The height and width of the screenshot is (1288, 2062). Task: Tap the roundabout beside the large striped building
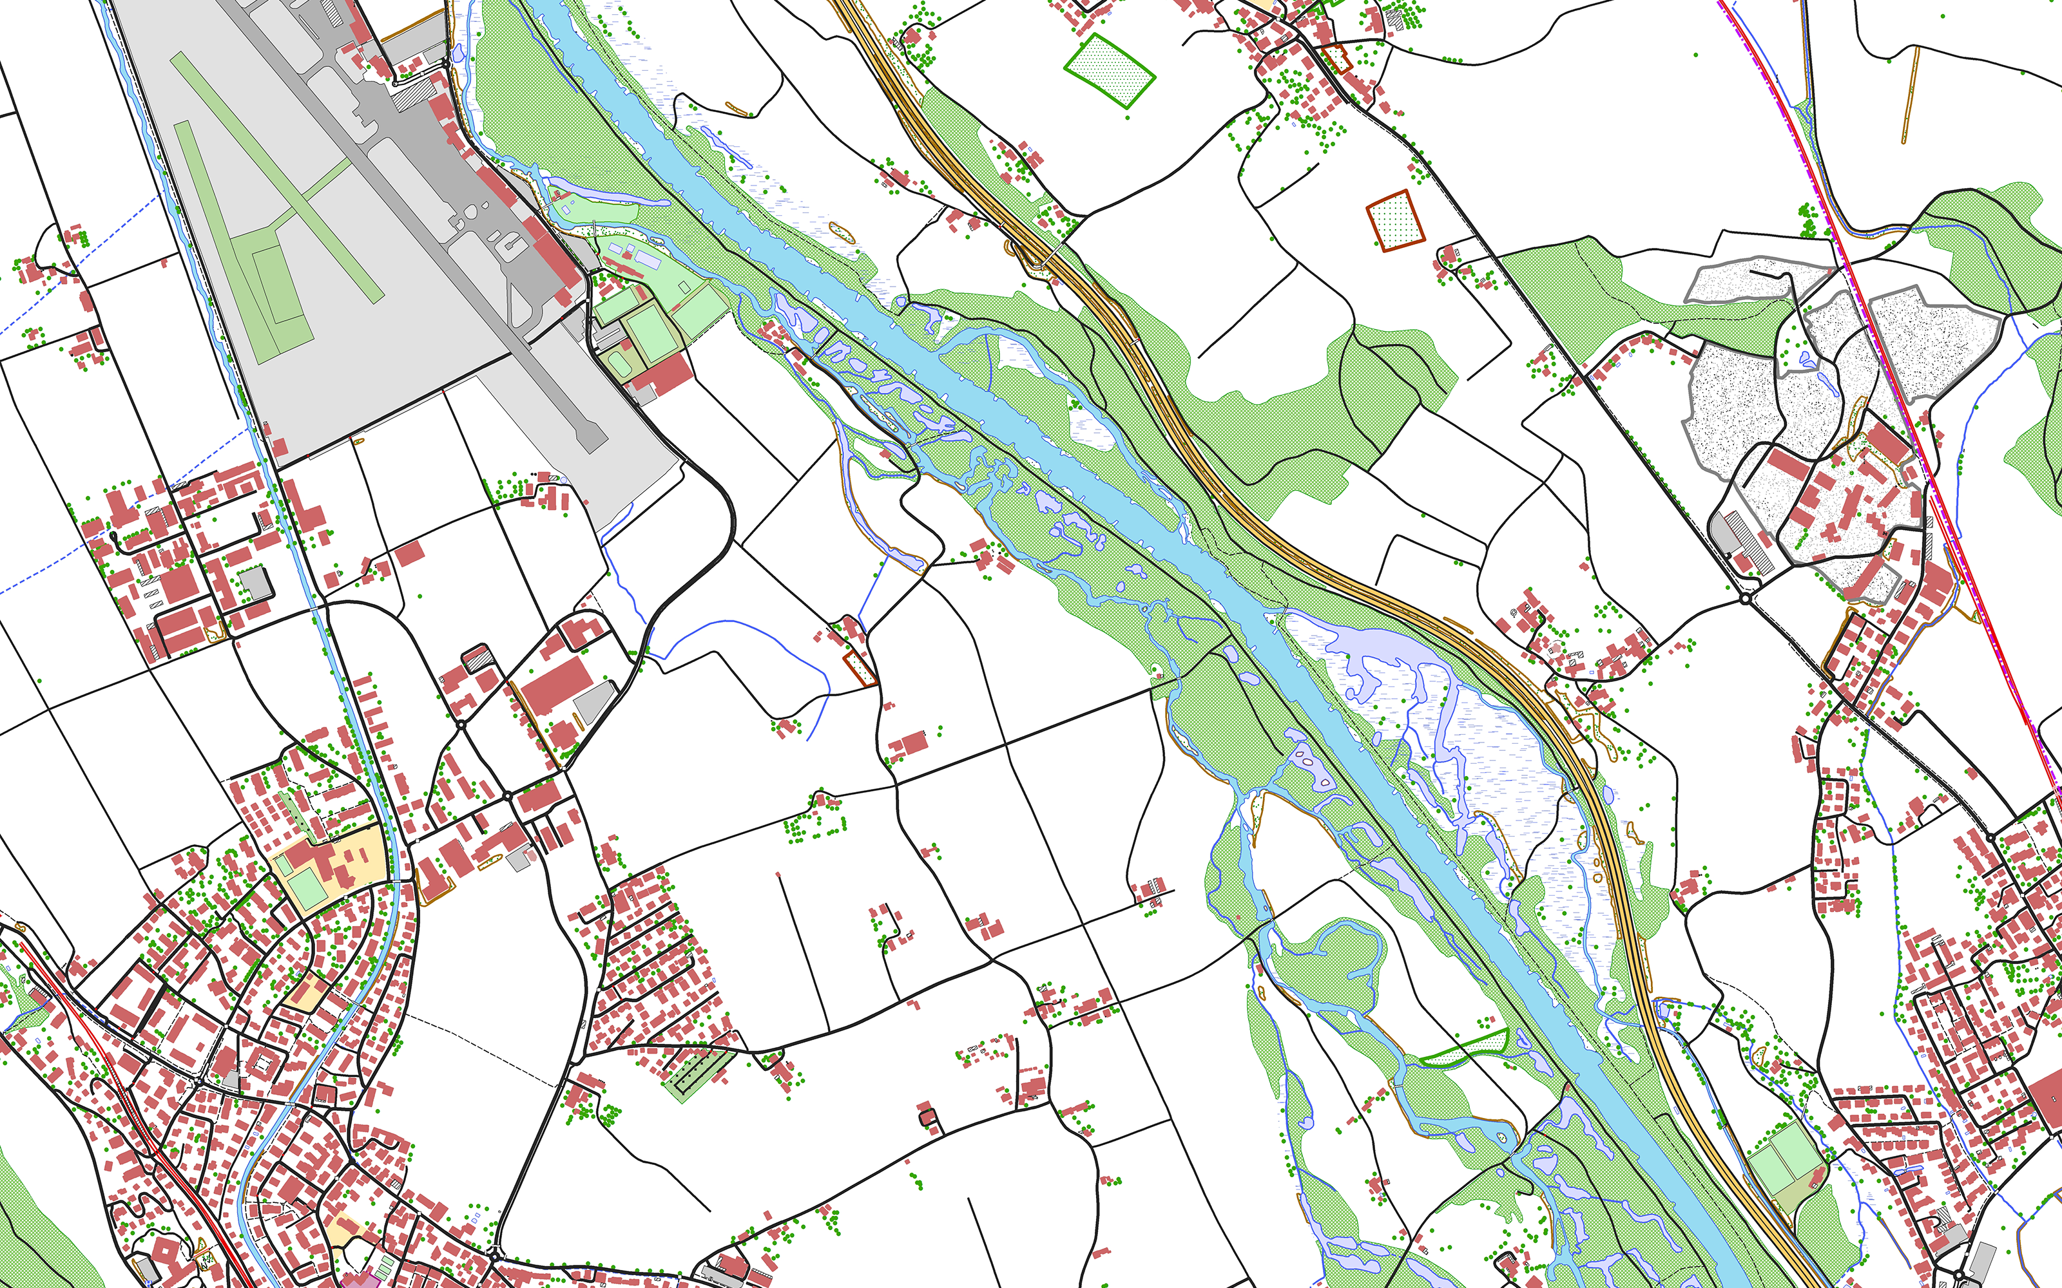[1745, 599]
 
